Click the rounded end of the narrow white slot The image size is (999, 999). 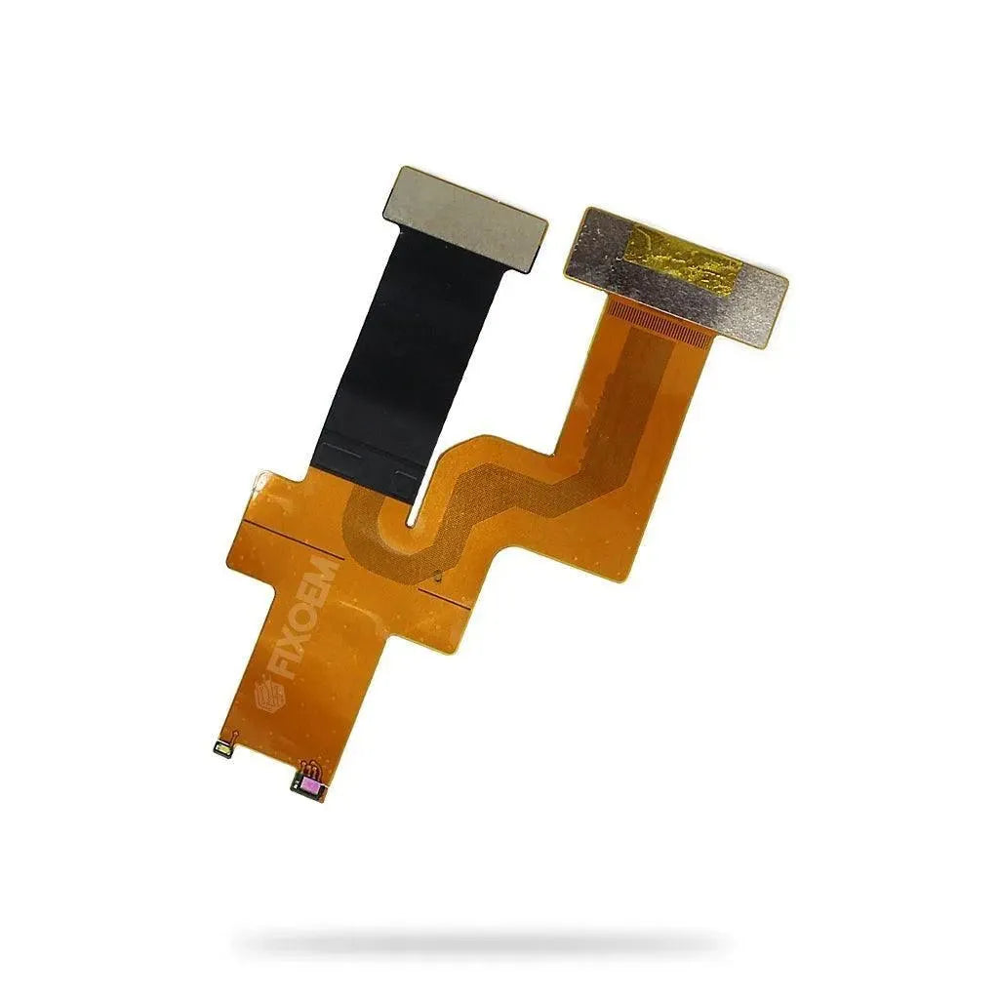[x=413, y=523]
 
